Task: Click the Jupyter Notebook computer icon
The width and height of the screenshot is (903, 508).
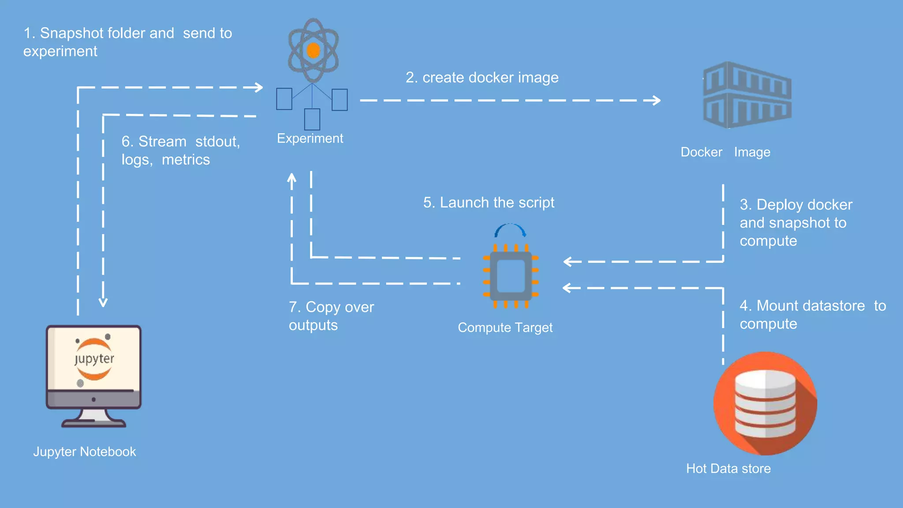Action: pos(93,375)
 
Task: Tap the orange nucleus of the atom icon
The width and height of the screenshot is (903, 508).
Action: pos(313,50)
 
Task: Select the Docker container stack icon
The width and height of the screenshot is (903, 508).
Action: pos(747,95)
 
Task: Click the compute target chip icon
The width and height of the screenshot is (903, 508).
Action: pos(511,276)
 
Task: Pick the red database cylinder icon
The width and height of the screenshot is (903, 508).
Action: pos(765,403)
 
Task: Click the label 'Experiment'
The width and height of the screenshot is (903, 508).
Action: pos(310,138)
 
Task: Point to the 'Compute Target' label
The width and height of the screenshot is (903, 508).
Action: pos(505,328)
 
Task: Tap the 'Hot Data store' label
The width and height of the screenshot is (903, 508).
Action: pos(728,468)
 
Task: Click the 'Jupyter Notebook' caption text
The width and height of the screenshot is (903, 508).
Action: pos(85,452)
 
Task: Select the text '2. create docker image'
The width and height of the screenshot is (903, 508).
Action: pos(482,78)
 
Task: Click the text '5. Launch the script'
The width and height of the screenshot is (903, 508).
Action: pos(489,203)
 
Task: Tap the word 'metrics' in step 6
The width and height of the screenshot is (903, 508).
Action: pos(186,160)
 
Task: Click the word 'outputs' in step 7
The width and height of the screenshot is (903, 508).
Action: pos(313,325)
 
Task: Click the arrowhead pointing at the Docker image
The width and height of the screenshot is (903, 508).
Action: pos(656,101)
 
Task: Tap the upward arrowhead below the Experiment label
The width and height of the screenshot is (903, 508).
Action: pos(291,178)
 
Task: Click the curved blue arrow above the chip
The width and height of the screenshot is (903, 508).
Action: pos(510,229)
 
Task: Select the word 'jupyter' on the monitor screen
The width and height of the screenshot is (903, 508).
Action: pos(94,359)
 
